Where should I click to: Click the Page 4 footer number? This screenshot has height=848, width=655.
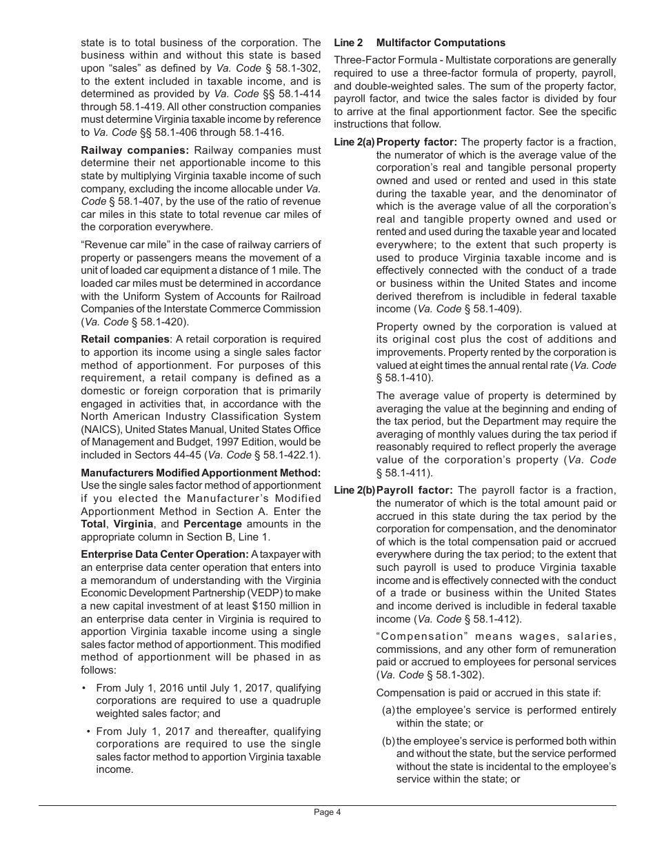point(327,812)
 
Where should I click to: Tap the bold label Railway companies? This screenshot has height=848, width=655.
point(134,150)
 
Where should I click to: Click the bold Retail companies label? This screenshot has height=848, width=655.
point(125,339)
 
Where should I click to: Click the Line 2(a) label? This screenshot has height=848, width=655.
point(354,142)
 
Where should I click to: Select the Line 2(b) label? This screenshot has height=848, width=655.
point(354,490)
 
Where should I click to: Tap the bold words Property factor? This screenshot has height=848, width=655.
point(416,142)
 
